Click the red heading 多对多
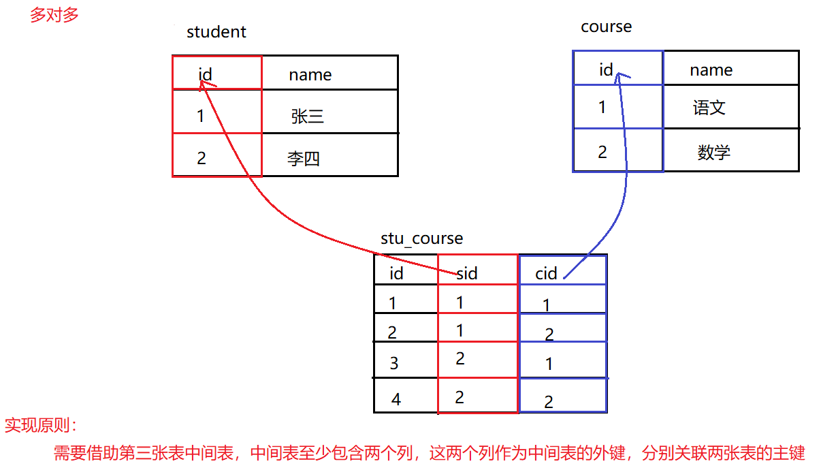click(54, 15)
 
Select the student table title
click(216, 32)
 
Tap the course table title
click(607, 27)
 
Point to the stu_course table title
click(422, 238)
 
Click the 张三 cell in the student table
click(308, 116)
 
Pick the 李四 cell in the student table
click(304, 159)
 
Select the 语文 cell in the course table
click(709, 108)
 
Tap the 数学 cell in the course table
click(713, 152)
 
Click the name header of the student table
click(310, 75)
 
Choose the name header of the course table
click(711, 70)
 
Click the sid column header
click(467, 274)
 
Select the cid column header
click(546, 274)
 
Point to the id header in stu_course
click(396, 274)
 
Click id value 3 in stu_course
click(394, 363)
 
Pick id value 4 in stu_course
click(396, 399)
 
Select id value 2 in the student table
click(202, 159)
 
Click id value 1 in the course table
click(602, 107)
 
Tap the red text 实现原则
click(40, 426)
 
